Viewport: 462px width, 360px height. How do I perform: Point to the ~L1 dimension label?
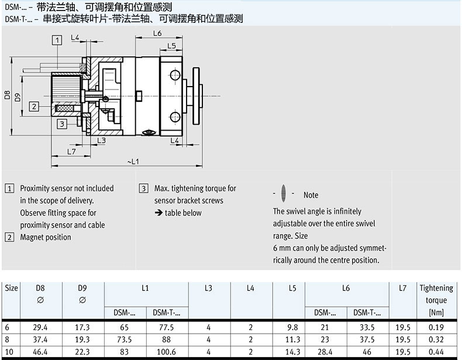(x=133, y=161)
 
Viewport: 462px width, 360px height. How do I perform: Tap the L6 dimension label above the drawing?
(x=157, y=33)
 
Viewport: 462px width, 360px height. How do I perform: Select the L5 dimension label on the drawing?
(x=171, y=46)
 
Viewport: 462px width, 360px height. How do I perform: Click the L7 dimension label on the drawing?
(x=71, y=152)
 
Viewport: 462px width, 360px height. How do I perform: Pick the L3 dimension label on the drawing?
(x=101, y=140)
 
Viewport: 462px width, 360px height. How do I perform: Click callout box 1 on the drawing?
(x=57, y=40)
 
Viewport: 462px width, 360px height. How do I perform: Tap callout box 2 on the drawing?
(x=35, y=106)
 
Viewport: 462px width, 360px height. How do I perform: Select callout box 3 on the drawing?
(x=61, y=124)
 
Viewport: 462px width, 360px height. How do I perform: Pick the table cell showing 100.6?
(x=167, y=351)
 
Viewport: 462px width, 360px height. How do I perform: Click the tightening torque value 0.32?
(x=436, y=339)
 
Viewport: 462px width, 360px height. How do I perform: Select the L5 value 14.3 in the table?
(x=292, y=351)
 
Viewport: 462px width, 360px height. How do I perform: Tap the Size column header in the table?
(x=11, y=288)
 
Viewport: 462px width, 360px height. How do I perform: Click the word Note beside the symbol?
(x=311, y=195)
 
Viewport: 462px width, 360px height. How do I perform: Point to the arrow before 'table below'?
(x=158, y=213)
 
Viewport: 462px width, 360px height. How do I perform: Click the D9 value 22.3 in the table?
(x=82, y=351)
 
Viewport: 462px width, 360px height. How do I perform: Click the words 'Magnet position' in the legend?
(x=46, y=237)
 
